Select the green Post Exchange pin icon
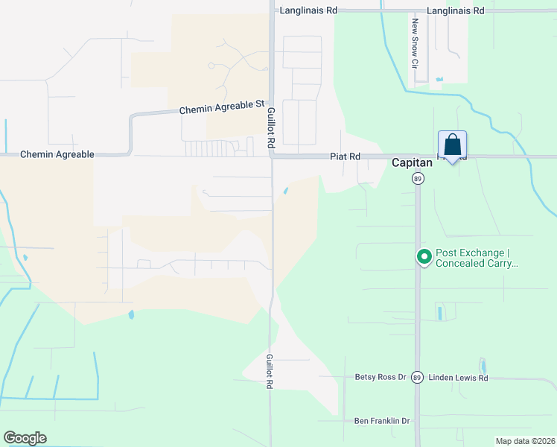[424, 257]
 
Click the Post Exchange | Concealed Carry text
[476, 258]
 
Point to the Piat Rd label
[346, 156]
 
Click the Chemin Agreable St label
[222, 109]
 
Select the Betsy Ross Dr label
[381, 377]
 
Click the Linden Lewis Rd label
[457, 378]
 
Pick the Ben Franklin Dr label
[382, 421]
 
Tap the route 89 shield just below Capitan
[418, 179]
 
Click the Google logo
[25, 438]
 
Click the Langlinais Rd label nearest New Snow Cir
[456, 10]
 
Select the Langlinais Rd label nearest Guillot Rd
[308, 10]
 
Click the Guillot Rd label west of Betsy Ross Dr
[270, 372]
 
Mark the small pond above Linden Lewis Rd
[483, 365]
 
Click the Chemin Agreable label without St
[57, 154]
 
